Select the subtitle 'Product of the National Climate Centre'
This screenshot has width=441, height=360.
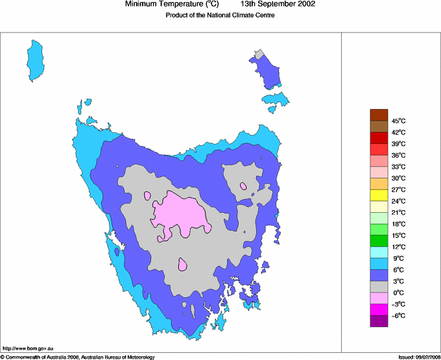click(220, 16)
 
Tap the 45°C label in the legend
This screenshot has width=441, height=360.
click(398, 121)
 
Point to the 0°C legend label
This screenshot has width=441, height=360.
click(398, 293)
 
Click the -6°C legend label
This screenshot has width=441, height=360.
click(398, 315)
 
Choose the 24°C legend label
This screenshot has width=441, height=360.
click(398, 201)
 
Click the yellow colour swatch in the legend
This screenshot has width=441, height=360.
click(379, 195)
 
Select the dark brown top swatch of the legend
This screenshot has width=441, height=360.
click(379, 115)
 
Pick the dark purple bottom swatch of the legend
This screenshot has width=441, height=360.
click(379, 321)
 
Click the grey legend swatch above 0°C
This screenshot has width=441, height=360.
click(379, 287)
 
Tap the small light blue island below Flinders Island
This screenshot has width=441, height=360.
click(275, 100)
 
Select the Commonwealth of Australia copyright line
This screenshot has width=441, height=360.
click(78, 357)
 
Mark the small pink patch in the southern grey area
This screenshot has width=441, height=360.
click(183, 264)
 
